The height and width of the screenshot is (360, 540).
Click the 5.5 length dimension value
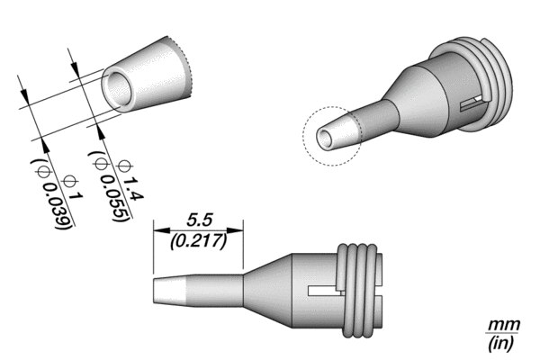coord(200,220)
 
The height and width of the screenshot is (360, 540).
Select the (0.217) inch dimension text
coord(199,241)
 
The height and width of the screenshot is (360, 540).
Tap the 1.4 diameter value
coord(132,190)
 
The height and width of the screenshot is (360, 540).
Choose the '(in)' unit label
coord(501,343)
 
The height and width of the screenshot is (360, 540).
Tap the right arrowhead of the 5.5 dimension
coord(235,230)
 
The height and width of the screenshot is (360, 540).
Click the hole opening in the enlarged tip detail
coord(119,89)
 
